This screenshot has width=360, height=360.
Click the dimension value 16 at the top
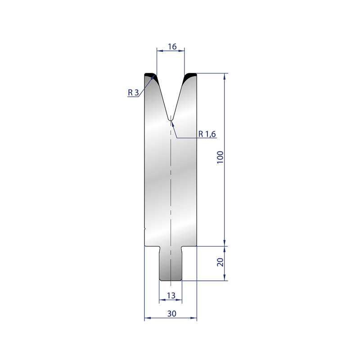pyautogui.click(x=172, y=47)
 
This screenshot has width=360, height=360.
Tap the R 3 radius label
pyautogui.click(x=133, y=93)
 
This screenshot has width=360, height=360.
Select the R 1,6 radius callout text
pyautogui.click(x=207, y=134)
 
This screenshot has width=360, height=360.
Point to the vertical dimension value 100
pyautogui.click(x=220, y=157)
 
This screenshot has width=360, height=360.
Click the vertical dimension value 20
pyautogui.click(x=220, y=262)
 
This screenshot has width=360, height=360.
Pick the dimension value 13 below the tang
pyautogui.click(x=171, y=296)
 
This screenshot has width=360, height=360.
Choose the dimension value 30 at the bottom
pyautogui.click(x=172, y=313)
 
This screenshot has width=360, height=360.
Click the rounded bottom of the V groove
pyautogui.click(x=171, y=119)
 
